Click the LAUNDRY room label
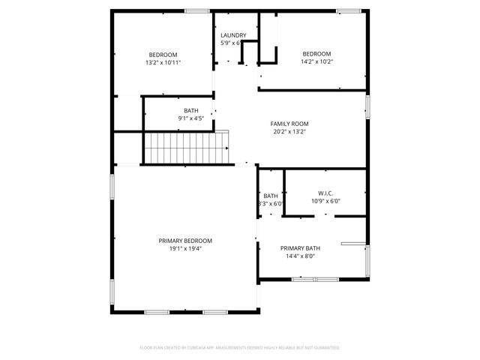click(233, 35)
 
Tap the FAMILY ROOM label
click(289, 124)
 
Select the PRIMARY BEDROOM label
click(185, 241)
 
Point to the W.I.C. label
click(325, 193)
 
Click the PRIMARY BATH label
click(300, 248)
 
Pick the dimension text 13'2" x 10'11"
click(163, 62)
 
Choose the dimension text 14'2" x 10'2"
click(316, 62)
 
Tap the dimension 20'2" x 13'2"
click(289, 132)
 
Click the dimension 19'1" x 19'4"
click(185, 248)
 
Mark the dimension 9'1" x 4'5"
click(191, 118)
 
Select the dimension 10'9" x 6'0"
click(325, 201)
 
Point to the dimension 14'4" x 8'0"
click(300, 256)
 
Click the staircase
click(185, 147)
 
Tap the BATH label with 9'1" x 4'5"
click(191, 111)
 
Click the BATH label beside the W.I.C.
click(271, 196)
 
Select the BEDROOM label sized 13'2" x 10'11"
click(163, 54)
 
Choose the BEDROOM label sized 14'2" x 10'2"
click(316, 54)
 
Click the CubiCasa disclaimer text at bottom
click(240, 347)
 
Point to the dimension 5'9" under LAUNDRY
click(229, 43)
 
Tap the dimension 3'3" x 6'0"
click(270, 203)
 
